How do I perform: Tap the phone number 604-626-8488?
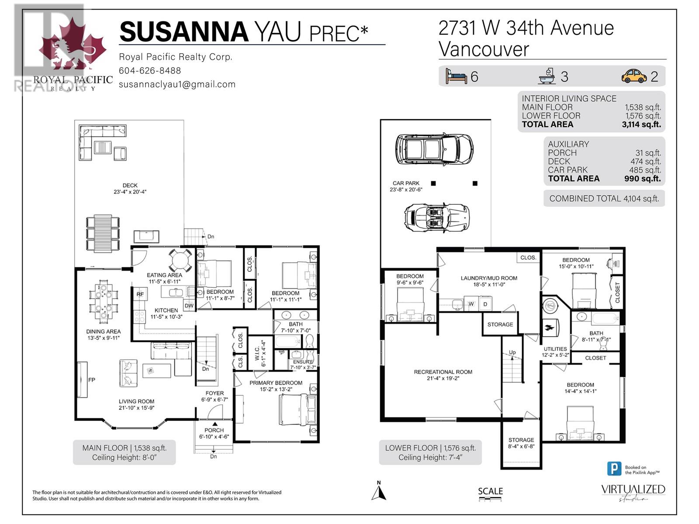[x=149, y=71]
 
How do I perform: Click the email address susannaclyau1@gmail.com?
[x=177, y=84]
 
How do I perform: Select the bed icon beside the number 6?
[x=456, y=76]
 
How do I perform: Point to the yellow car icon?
[x=634, y=76]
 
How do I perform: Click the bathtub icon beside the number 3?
[x=547, y=76]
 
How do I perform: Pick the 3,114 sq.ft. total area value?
[x=641, y=124]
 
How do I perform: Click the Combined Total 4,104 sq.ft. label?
[x=604, y=198]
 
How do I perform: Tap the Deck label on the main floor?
[x=130, y=186]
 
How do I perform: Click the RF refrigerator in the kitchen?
[x=140, y=294]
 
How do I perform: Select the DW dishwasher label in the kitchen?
[x=189, y=306]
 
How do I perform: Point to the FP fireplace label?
[x=92, y=380]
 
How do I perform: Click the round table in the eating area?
[x=180, y=261]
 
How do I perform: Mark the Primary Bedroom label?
[x=276, y=383]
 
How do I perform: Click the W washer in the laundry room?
[x=471, y=304]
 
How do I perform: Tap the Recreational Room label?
[x=443, y=372]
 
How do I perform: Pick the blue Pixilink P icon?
[x=614, y=469]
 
